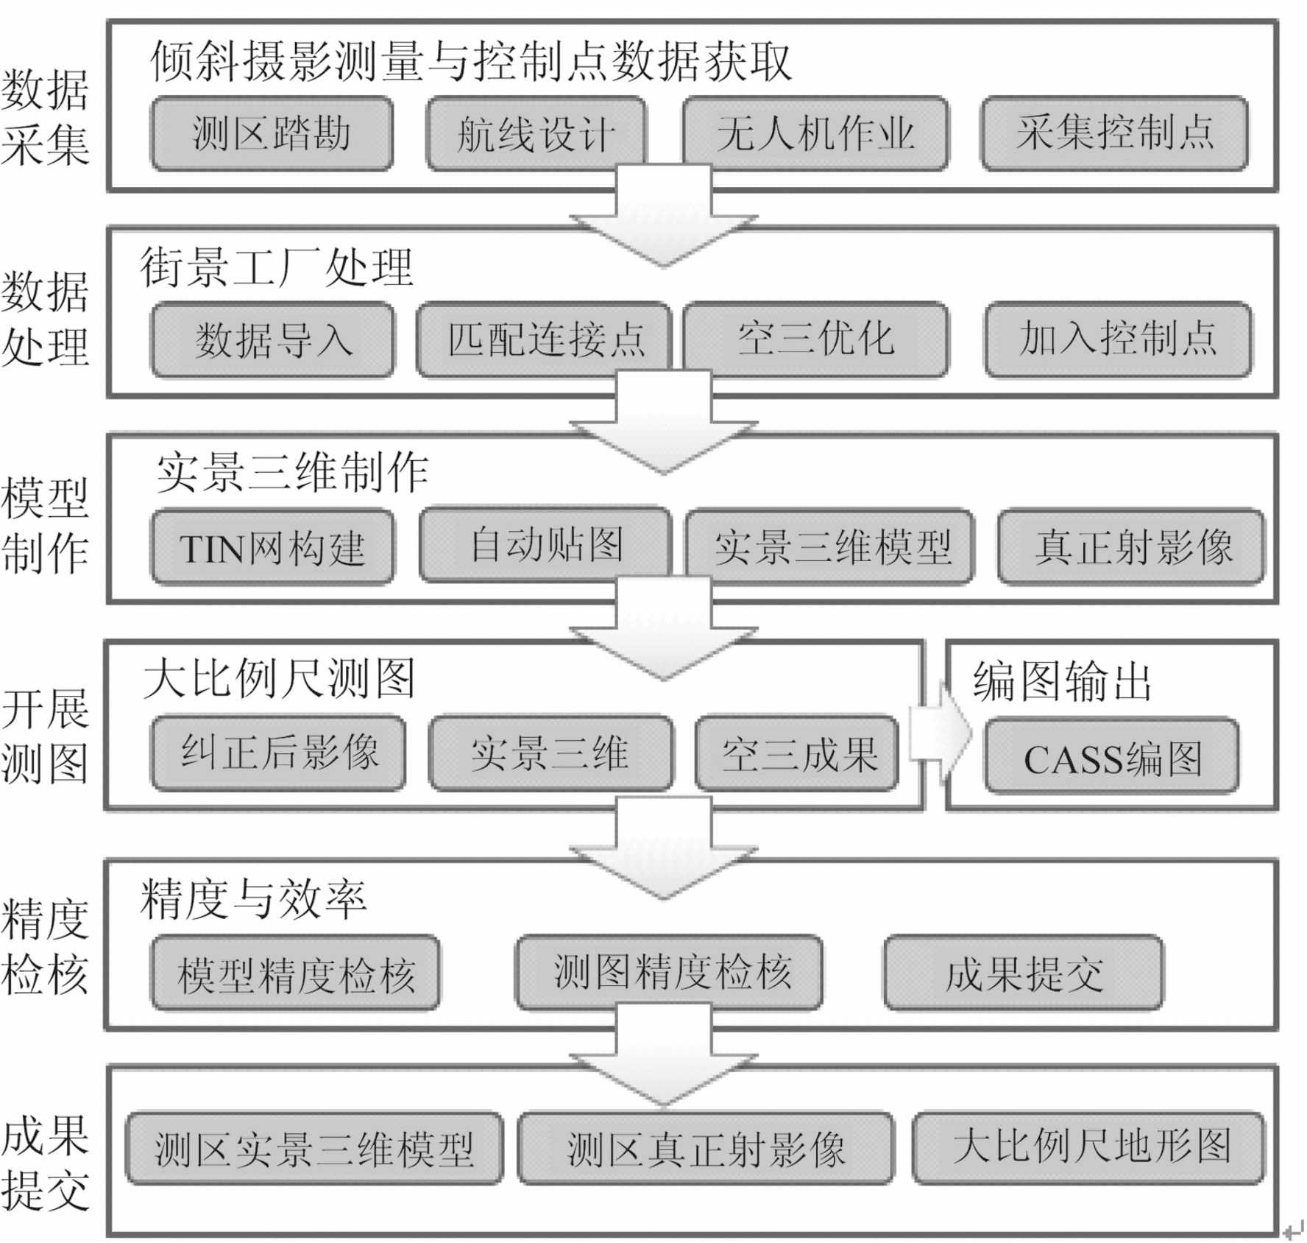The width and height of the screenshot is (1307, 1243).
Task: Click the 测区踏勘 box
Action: click(x=272, y=133)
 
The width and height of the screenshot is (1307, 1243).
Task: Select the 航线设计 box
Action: click(x=536, y=133)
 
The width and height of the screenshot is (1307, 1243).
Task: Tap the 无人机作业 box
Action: click(x=815, y=133)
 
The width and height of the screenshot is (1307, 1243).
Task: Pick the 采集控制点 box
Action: click(x=1114, y=133)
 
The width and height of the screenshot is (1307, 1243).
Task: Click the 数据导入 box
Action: click(x=272, y=339)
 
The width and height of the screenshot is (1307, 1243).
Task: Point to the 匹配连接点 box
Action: click(x=544, y=339)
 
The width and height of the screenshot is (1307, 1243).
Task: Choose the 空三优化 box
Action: click(x=815, y=339)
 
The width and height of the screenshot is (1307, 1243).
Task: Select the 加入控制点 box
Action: click(x=1118, y=339)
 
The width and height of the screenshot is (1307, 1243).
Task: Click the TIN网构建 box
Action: click(x=272, y=547)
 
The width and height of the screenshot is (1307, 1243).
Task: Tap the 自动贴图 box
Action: click(x=545, y=543)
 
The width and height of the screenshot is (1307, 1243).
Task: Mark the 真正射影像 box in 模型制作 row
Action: click(x=1131, y=546)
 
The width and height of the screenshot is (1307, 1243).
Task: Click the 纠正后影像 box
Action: click(x=278, y=753)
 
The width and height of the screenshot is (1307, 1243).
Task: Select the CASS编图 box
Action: click(x=1112, y=756)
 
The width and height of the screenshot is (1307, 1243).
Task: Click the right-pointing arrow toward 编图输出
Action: click(x=941, y=733)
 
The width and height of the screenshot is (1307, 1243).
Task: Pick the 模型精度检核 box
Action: click(x=295, y=973)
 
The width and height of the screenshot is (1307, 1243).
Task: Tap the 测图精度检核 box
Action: click(x=669, y=973)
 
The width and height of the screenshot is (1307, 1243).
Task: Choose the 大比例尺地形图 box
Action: click(x=1088, y=1148)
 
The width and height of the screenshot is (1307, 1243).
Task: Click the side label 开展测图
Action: click(x=46, y=736)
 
